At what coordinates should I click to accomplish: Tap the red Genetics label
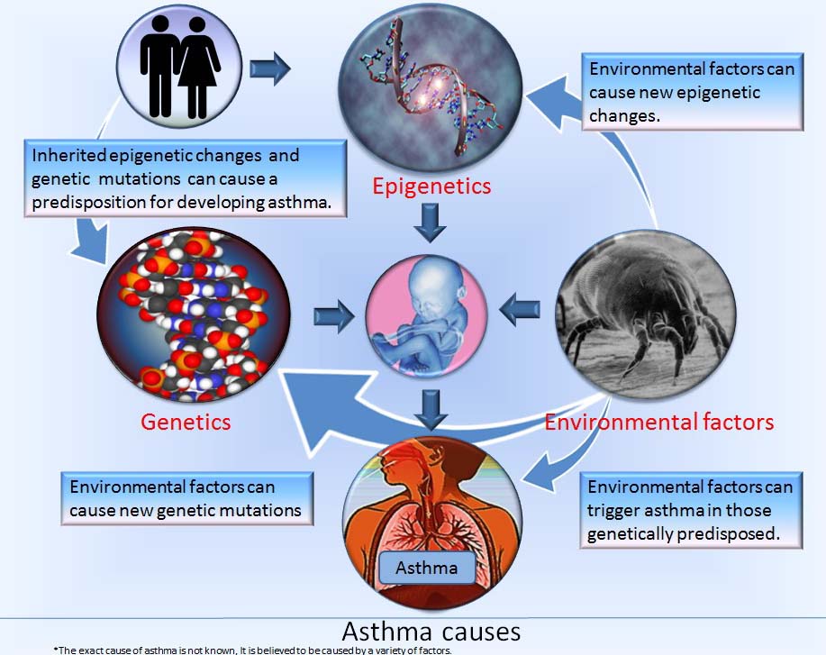(x=186, y=421)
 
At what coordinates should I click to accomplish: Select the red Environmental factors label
(x=659, y=421)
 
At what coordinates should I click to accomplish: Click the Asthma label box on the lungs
(x=428, y=568)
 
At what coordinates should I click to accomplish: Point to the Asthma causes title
(x=431, y=628)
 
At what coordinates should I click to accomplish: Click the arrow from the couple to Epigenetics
(x=270, y=68)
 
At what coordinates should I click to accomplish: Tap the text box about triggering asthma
(x=690, y=510)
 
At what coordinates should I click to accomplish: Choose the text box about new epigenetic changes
(x=690, y=92)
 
